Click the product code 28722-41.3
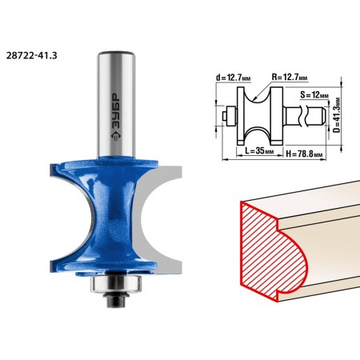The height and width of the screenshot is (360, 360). [31, 56]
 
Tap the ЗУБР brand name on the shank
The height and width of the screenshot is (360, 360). [116, 111]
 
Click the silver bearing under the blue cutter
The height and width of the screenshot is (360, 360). [116, 284]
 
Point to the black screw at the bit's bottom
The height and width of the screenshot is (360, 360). [117, 299]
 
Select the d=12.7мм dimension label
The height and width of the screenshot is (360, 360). [234, 78]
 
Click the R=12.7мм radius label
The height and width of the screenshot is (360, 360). [290, 78]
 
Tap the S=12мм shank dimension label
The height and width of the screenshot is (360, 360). [314, 94]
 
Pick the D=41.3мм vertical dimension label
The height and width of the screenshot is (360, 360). [337, 114]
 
